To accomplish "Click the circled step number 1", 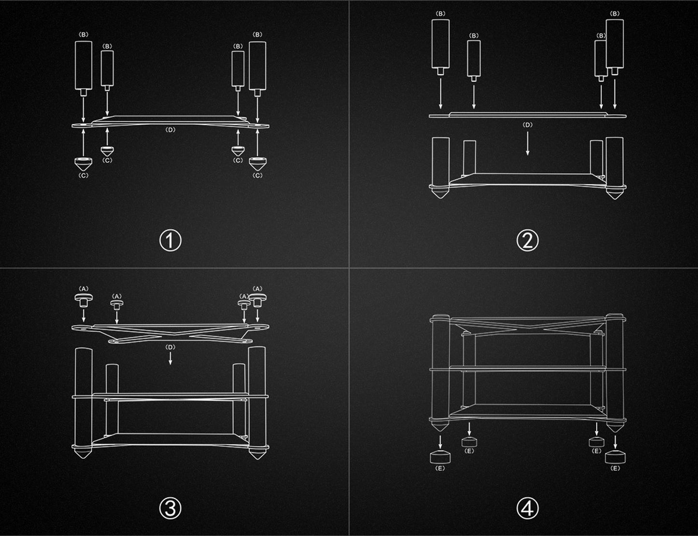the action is tap(170, 240).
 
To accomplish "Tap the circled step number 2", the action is tap(527, 240).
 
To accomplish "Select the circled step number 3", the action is tap(170, 508).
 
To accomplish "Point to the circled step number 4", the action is tap(527, 508).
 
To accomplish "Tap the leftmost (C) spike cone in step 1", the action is tap(83, 164).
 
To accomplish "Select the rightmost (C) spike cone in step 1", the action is tap(257, 164).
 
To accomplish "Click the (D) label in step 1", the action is tap(170, 130).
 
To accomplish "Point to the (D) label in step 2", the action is tap(527, 125).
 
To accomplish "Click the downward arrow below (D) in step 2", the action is tap(527, 143).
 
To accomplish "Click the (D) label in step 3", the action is tap(170, 347).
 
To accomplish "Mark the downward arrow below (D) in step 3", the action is tap(170, 358).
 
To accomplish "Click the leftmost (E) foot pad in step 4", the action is tap(440, 457).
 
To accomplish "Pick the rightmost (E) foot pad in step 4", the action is tap(615, 457).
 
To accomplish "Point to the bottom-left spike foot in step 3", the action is tap(83, 453).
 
